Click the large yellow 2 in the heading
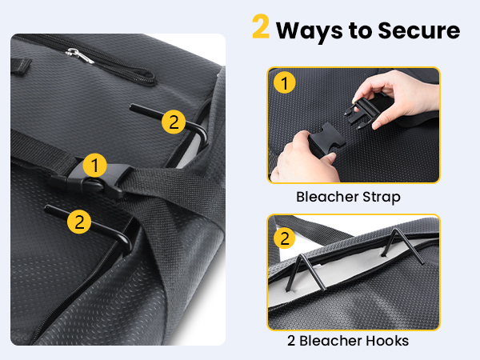[261, 26]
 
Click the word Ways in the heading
[310, 31]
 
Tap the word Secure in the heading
[418, 30]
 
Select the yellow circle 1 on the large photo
[94, 166]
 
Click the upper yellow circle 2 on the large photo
[174, 122]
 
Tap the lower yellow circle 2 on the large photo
[79, 222]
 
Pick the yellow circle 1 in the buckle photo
[284, 82]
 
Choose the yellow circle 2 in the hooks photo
[284, 238]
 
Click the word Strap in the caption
[382, 198]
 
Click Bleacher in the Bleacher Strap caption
[327, 197]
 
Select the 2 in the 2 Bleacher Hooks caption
[291, 341]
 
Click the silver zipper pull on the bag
[80, 55]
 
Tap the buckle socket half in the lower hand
[325, 141]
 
